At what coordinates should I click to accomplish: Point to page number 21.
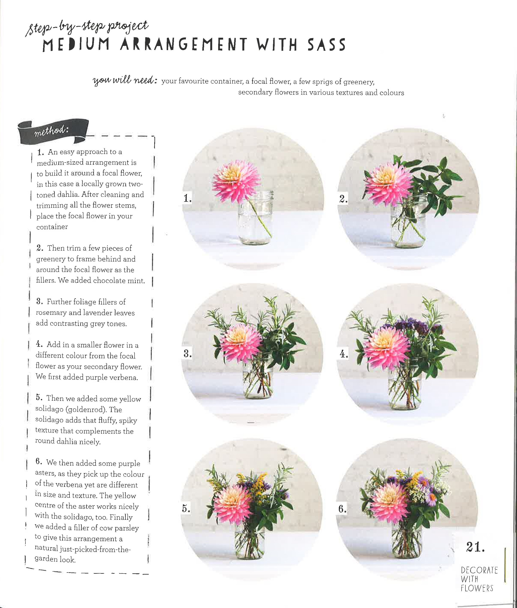click(475, 547)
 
